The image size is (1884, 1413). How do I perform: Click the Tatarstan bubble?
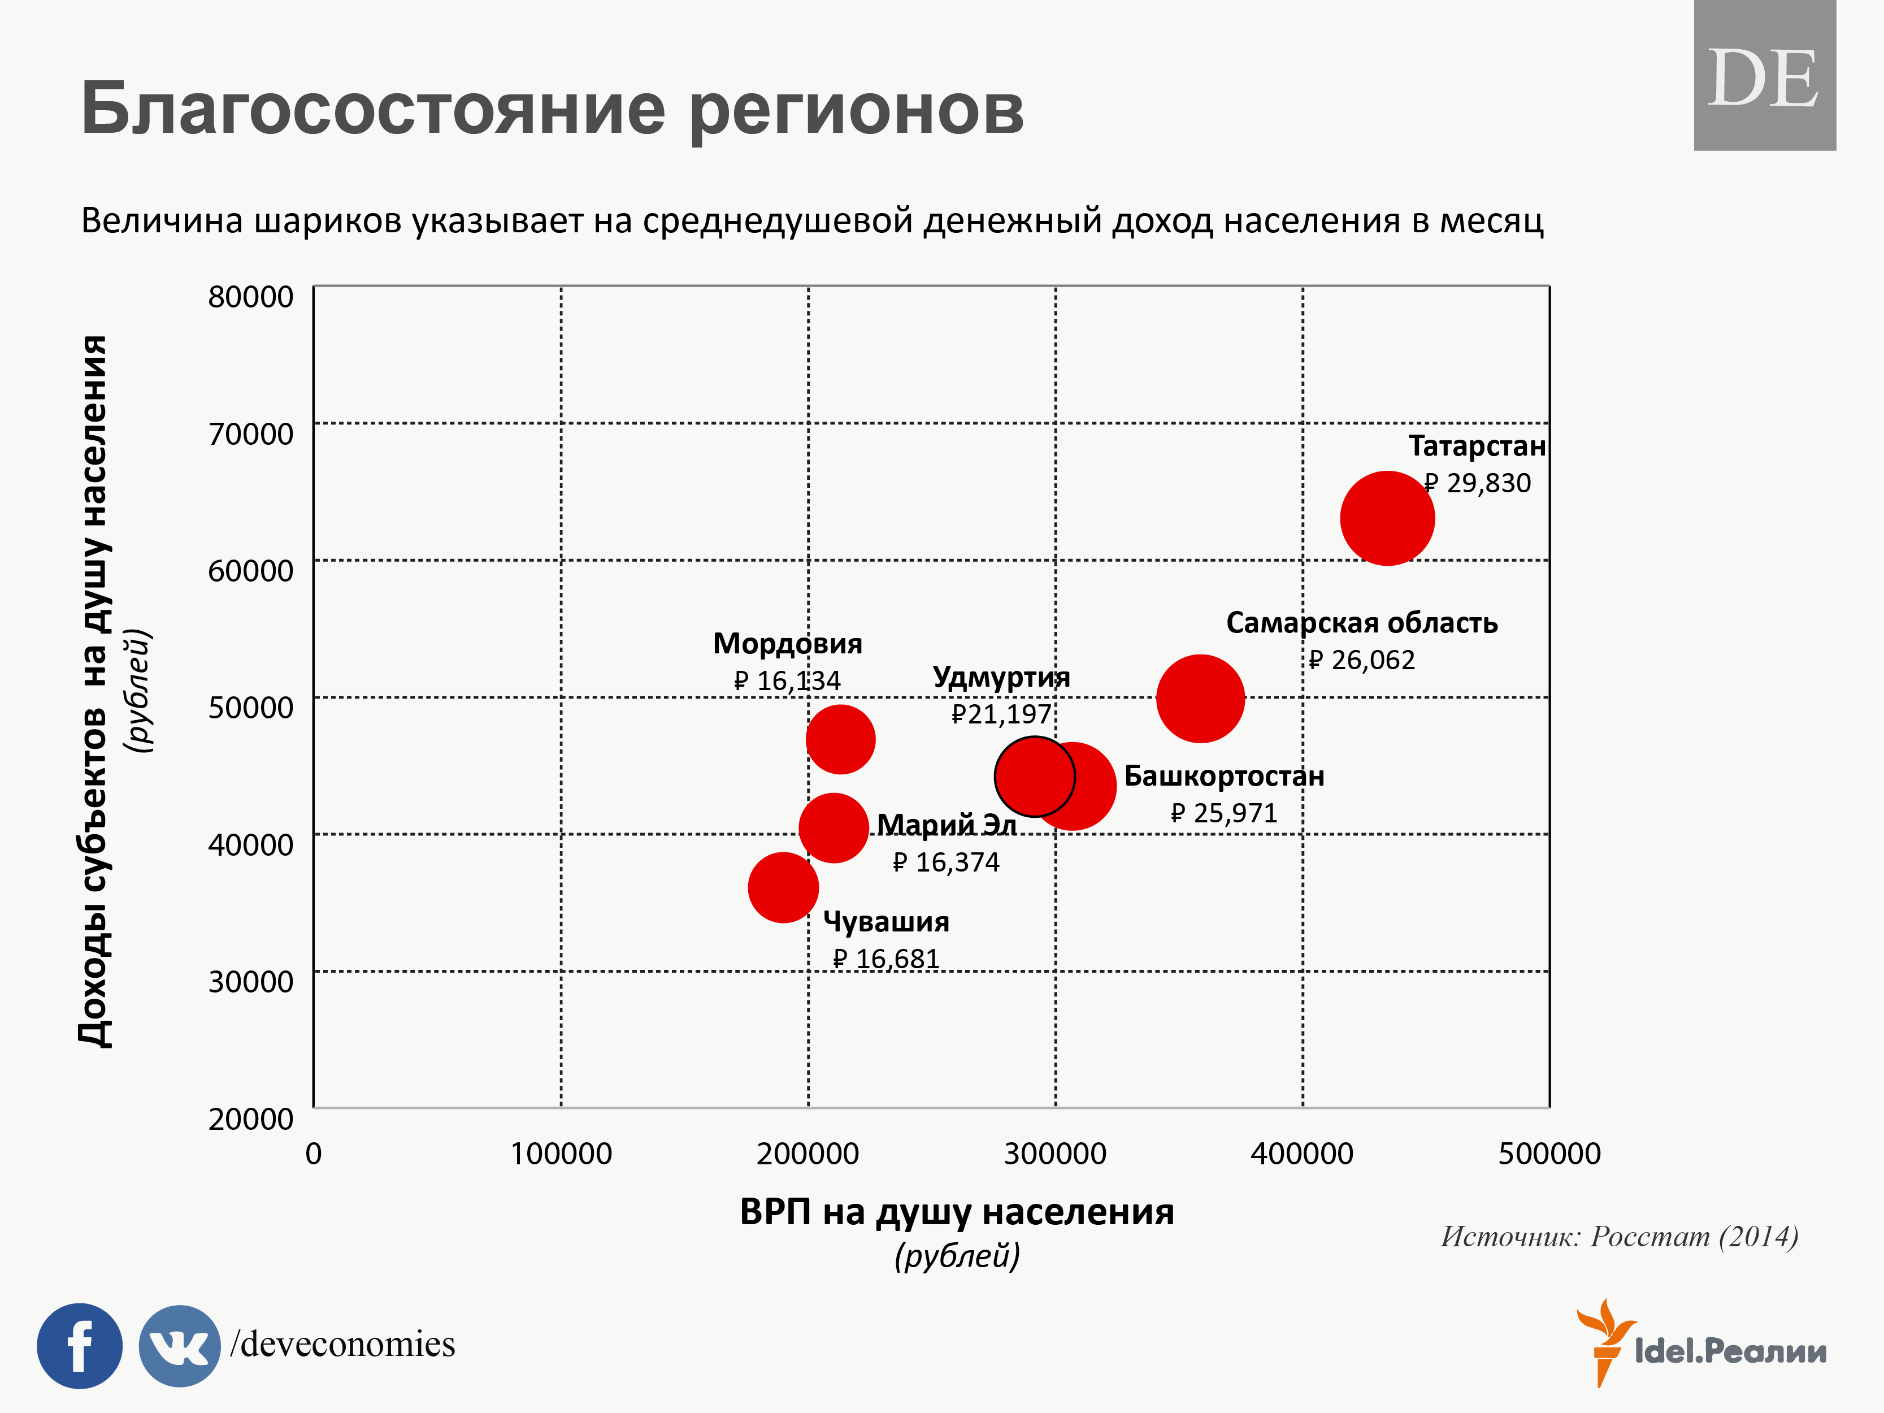click(x=1387, y=518)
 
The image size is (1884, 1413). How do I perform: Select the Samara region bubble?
click(x=1200, y=699)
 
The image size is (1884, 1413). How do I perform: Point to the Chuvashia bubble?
click(x=783, y=887)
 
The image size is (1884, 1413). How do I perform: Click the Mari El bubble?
click(x=832, y=827)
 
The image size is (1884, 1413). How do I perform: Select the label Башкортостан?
click(x=1224, y=776)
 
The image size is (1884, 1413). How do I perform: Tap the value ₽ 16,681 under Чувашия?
click(x=886, y=959)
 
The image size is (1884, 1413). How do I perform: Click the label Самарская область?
click(x=1361, y=623)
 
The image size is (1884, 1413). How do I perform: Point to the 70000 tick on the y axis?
click(x=250, y=434)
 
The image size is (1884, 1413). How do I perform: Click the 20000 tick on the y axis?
click(x=250, y=1119)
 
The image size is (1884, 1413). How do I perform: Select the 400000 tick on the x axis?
click(x=1301, y=1153)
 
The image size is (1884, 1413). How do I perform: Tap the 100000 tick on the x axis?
click(x=561, y=1153)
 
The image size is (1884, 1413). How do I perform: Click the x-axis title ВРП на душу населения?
click(x=957, y=1211)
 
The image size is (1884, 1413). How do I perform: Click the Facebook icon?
click(x=79, y=1346)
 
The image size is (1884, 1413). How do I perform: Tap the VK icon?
click(x=179, y=1346)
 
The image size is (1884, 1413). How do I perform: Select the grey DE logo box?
click(x=1764, y=76)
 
